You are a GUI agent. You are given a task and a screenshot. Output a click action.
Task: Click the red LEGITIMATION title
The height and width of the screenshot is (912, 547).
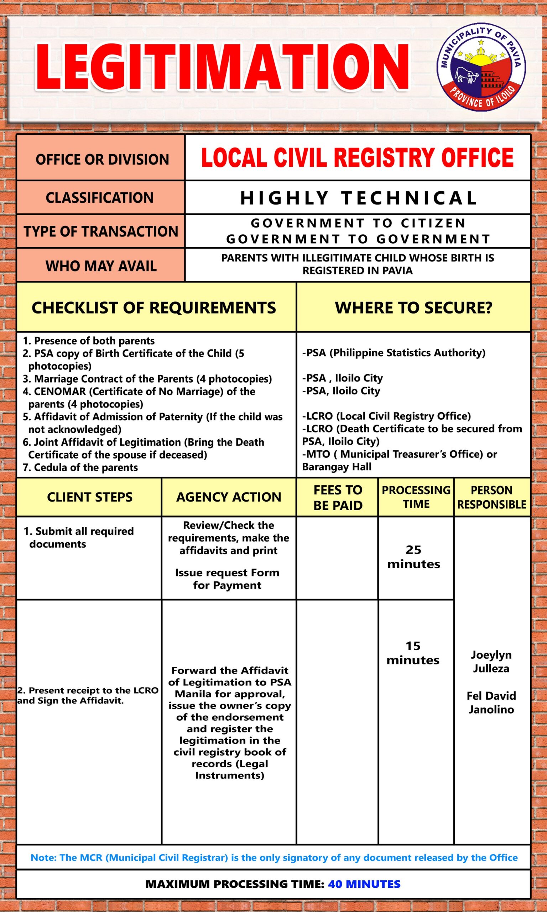pyautogui.click(x=222, y=67)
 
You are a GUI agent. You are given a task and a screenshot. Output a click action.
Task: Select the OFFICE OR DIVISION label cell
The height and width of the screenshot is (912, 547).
pyautogui.click(x=101, y=159)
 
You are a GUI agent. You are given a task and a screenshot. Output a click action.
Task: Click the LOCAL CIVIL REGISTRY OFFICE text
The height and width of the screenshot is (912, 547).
pyautogui.click(x=357, y=158)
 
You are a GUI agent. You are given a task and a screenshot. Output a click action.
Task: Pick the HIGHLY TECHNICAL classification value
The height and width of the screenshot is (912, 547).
pyautogui.click(x=358, y=198)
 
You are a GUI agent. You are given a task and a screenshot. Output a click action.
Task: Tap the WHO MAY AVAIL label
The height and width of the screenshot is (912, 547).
pyautogui.click(x=101, y=266)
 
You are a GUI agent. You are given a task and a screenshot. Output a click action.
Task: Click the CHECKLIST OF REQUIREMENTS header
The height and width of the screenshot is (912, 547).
pyautogui.click(x=154, y=308)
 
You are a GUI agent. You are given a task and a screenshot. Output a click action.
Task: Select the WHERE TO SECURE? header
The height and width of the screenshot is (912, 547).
pyautogui.click(x=413, y=308)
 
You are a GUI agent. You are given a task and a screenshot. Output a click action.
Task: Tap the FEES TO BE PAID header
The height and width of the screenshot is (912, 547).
pyautogui.click(x=337, y=497)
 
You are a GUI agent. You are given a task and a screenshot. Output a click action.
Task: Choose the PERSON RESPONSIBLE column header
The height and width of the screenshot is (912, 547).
pyautogui.click(x=491, y=497)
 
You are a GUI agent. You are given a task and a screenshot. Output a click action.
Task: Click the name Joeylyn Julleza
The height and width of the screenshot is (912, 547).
pyautogui.click(x=491, y=662)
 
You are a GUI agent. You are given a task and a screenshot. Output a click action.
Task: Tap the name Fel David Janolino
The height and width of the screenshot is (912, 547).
pyautogui.click(x=491, y=703)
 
